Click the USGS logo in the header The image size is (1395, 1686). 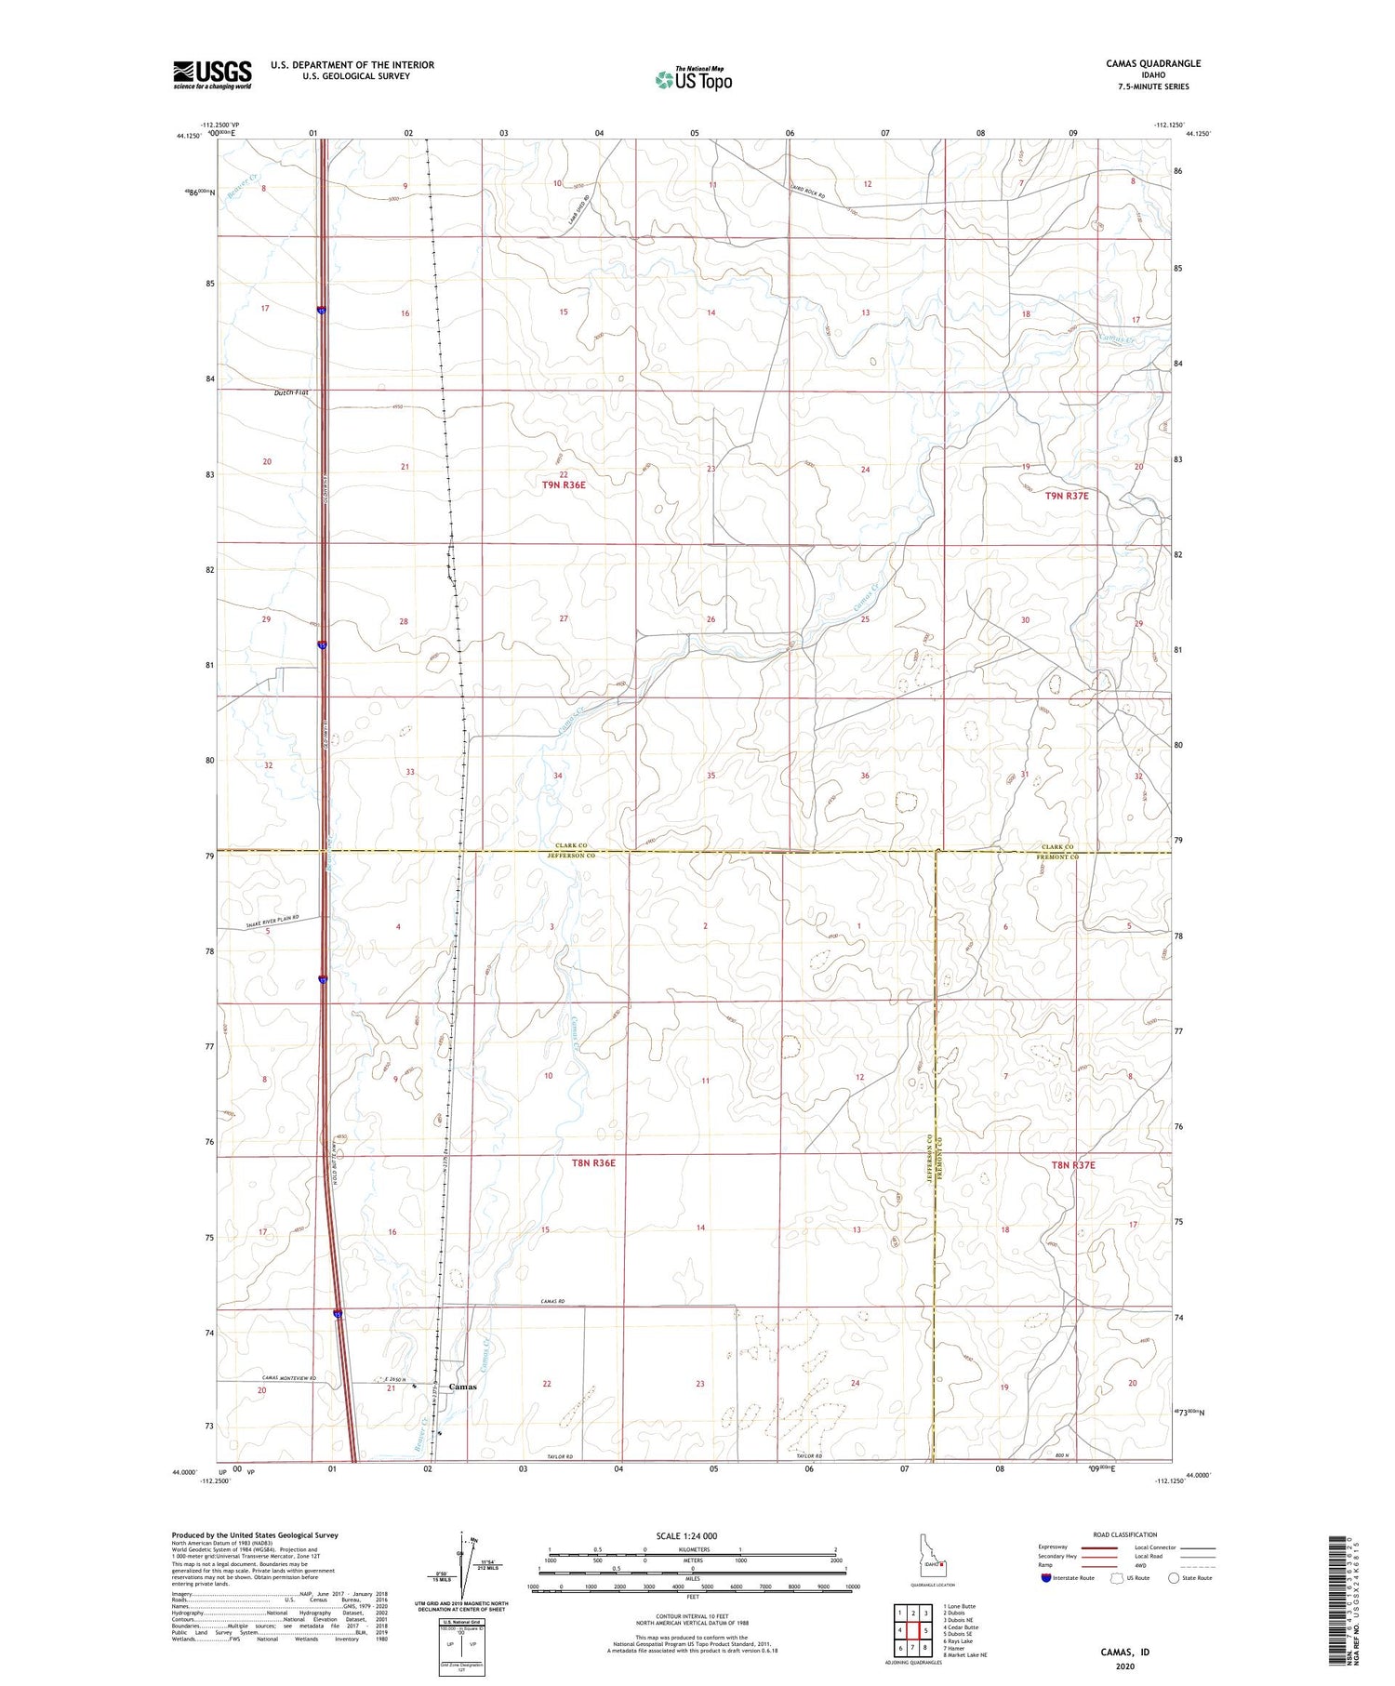pyautogui.click(x=212, y=74)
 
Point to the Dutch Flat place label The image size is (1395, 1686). pyautogui.click(x=291, y=392)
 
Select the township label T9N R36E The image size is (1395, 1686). pyautogui.click(x=565, y=485)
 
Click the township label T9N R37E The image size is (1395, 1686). pyautogui.click(x=1066, y=496)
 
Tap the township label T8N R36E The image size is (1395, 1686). pyautogui.click(x=593, y=1162)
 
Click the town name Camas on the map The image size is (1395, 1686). pyautogui.click(x=462, y=1387)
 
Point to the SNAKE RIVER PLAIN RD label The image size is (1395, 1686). pyautogui.click(x=275, y=922)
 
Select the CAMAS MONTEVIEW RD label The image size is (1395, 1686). pyautogui.click(x=288, y=1378)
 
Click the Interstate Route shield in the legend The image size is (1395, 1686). pyautogui.click(x=1046, y=1578)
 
